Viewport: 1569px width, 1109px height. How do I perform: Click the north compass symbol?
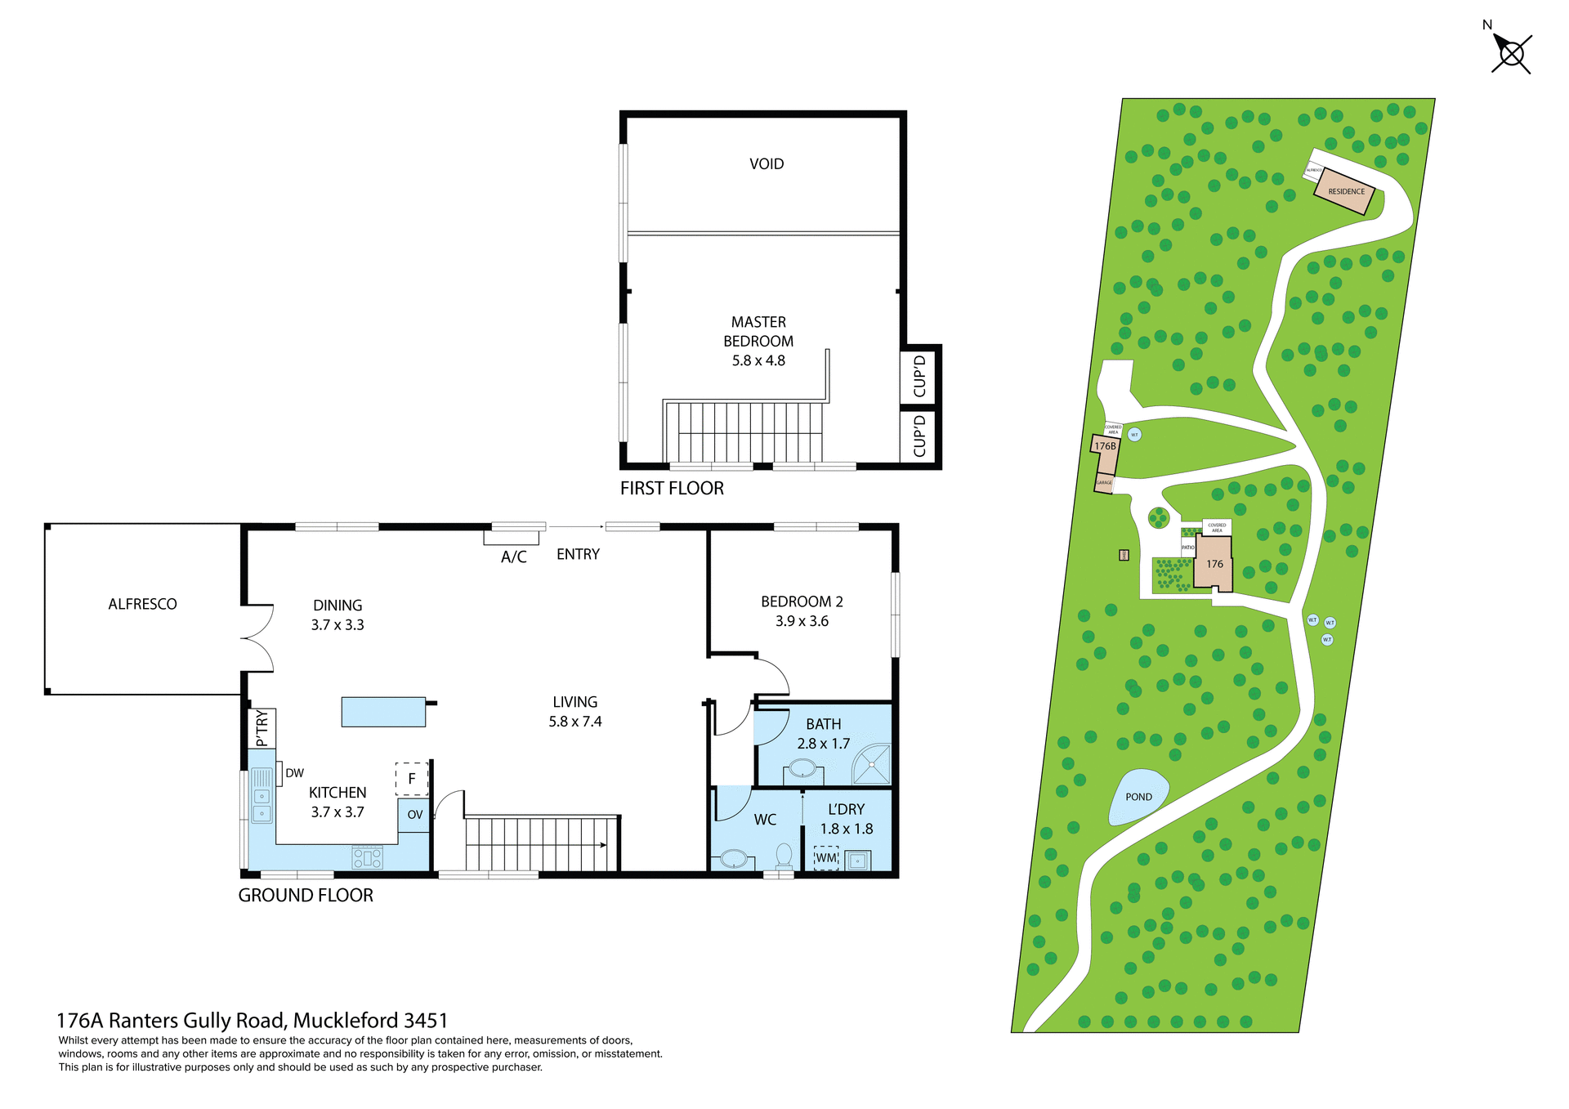tap(1511, 54)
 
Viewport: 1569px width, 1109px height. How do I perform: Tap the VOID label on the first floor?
tap(766, 164)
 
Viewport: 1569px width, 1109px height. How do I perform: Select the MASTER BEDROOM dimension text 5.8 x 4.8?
tap(758, 360)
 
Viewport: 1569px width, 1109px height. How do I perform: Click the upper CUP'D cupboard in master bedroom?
tap(919, 376)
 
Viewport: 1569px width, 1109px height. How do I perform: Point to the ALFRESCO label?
tap(142, 604)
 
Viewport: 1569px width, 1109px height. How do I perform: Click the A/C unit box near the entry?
tap(512, 538)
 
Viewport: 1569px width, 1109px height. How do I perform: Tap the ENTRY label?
tap(578, 554)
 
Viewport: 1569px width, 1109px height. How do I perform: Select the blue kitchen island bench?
tap(383, 712)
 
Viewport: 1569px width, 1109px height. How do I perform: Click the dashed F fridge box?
tap(412, 779)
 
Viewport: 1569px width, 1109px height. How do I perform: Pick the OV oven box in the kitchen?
tap(414, 815)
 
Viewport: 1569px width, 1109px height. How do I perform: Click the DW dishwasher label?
tap(294, 773)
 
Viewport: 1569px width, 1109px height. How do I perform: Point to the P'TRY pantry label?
tap(261, 728)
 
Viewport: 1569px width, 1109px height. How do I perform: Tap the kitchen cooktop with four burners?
tap(368, 857)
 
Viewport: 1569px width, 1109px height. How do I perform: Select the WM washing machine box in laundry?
tap(826, 857)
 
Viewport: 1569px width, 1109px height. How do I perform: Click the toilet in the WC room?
tap(784, 856)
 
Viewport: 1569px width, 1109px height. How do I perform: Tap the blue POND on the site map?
tap(1138, 797)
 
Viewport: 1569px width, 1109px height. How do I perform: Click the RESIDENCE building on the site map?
tap(1344, 191)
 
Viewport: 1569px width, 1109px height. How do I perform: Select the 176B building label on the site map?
tap(1105, 446)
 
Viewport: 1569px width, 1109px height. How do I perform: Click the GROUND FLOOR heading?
tap(306, 896)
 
